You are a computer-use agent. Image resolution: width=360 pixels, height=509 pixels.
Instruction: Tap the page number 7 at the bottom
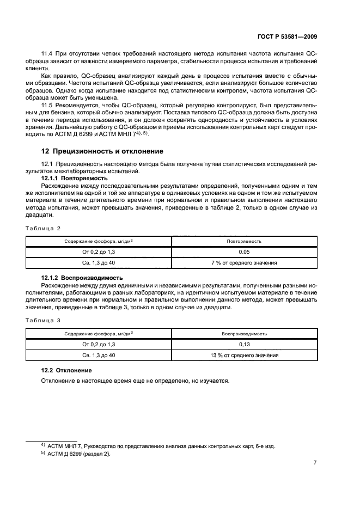tap(315, 463)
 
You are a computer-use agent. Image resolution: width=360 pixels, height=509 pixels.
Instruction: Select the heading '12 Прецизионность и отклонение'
tap(102, 151)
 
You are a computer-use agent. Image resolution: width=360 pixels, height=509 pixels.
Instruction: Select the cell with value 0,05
tap(245, 253)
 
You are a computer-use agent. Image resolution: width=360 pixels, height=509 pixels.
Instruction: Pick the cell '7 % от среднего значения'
tap(245, 263)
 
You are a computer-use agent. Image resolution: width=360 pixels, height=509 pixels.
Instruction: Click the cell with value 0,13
tap(245, 345)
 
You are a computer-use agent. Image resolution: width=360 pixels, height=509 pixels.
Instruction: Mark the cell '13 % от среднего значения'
tap(245, 355)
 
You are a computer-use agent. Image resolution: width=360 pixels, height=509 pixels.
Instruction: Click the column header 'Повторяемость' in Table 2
tap(245, 241)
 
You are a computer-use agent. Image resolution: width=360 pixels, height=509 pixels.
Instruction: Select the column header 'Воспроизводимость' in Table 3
tap(245, 333)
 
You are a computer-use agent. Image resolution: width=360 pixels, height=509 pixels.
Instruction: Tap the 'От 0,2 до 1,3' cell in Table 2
tap(99, 253)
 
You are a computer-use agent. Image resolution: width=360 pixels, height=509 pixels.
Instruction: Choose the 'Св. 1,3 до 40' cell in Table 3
tap(99, 355)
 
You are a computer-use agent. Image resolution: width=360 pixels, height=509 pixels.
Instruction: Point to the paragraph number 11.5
tap(48, 104)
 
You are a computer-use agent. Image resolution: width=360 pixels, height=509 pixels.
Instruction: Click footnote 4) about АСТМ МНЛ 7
tap(158, 446)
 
